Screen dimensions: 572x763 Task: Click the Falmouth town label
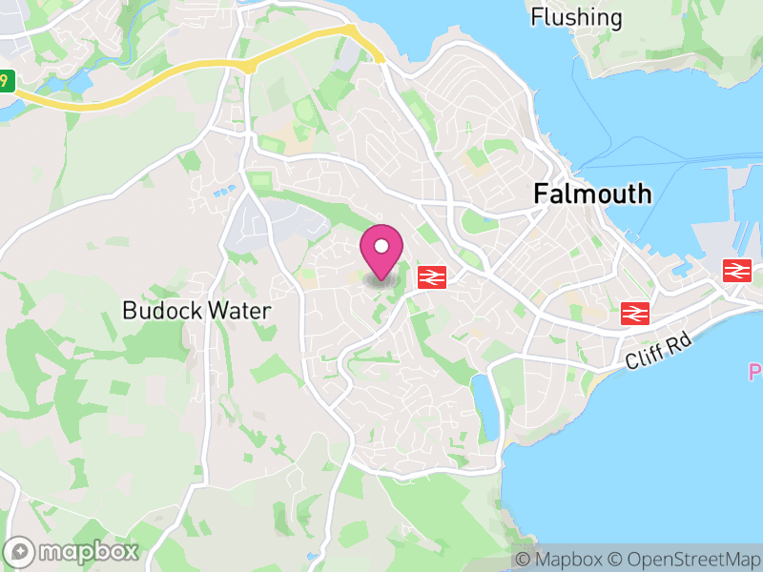[592, 194]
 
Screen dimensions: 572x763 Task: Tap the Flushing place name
[576, 17]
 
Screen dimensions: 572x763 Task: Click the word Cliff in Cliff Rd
[644, 357]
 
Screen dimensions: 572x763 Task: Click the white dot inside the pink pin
[381, 247]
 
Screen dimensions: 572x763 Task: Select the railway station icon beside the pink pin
[432, 276]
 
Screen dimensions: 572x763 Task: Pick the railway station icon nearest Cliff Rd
[635, 312]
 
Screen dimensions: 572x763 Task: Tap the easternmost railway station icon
[736, 270]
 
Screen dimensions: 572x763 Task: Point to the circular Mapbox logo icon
[20, 551]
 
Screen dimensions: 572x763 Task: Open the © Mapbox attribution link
[558, 560]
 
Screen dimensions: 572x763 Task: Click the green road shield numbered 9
[7, 81]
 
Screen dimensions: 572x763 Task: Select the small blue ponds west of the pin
[225, 192]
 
